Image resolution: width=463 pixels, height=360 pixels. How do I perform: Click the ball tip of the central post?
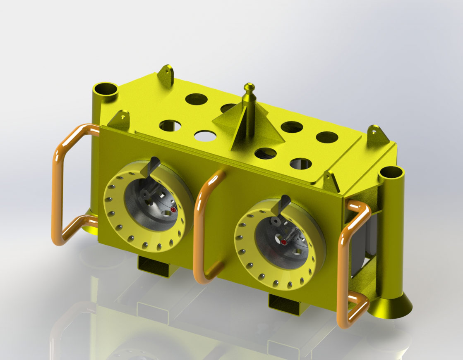[249, 87]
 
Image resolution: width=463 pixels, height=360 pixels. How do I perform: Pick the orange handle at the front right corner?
[345, 265]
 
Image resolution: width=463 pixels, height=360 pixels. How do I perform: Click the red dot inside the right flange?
[284, 242]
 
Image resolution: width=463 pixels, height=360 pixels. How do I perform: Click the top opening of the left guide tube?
[106, 89]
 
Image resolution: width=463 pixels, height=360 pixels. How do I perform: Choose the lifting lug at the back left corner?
[166, 74]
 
